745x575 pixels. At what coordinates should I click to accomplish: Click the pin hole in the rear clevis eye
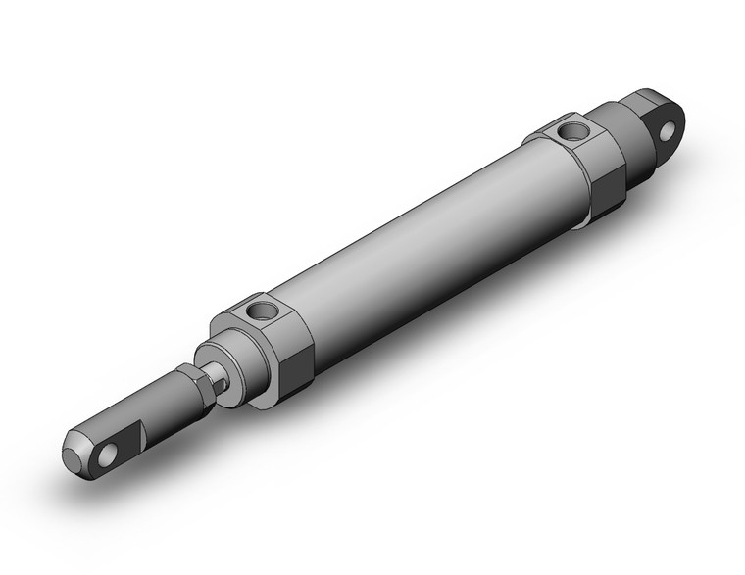(x=670, y=128)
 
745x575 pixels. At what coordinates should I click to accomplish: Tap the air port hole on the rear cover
(x=570, y=129)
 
